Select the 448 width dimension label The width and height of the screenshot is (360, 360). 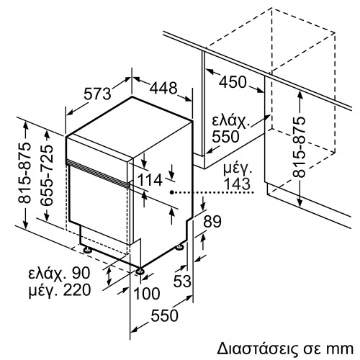pos(163,88)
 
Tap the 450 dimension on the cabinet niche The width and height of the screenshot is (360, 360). pos(233,83)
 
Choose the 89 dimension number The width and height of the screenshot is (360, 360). pos(211,222)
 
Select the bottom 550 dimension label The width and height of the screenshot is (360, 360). pos(166,316)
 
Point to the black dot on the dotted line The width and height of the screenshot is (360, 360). pos(171,193)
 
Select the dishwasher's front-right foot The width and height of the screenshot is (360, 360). pos(138,271)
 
